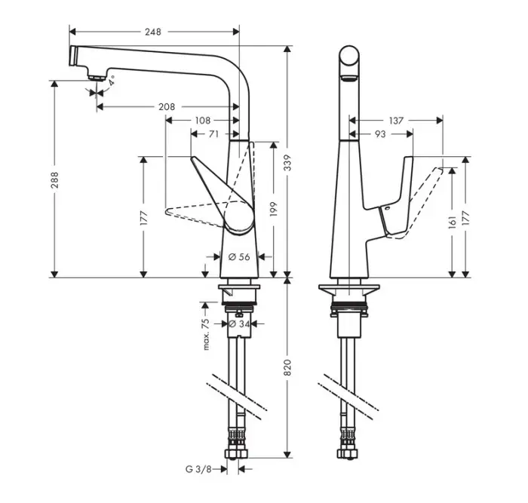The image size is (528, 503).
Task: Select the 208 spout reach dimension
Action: click(x=167, y=107)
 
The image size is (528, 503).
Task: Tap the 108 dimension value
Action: click(x=202, y=120)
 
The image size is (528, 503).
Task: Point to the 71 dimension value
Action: click(x=213, y=133)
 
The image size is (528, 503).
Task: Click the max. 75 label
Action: click(x=205, y=333)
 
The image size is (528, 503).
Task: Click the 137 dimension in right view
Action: click(x=397, y=120)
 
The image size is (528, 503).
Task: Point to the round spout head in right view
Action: click(x=348, y=61)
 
